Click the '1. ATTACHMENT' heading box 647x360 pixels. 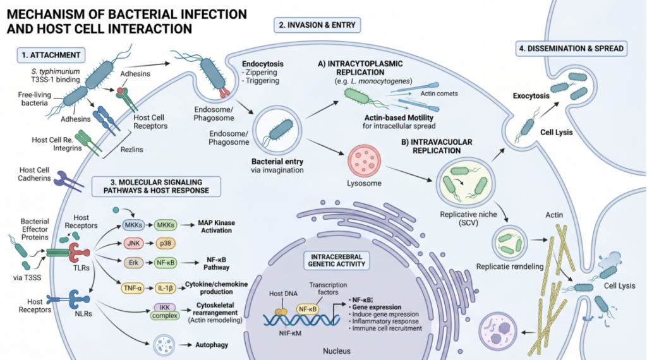tap(51, 55)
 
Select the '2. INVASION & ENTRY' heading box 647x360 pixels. tap(317, 25)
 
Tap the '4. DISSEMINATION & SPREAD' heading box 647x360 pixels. tap(571, 49)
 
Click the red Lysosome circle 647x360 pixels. tap(364, 161)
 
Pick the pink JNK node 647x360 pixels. tap(133, 243)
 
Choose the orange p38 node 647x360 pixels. tap(166, 243)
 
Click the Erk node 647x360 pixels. tap(133, 263)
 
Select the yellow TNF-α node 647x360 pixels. tap(133, 288)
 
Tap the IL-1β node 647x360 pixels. tap(166, 288)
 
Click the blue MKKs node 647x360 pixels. tap(133, 225)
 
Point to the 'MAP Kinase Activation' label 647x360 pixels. tap(216, 226)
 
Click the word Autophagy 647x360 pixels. tap(212, 345)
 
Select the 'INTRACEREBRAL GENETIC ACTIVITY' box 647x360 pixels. tap(336, 260)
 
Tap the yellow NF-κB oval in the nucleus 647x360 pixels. tap(308, 309)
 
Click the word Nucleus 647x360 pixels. tap(337, 351)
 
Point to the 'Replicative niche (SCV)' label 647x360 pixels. tap(468, 219)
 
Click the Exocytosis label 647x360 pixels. tap(531, 95)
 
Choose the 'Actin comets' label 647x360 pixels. tap(439, 93)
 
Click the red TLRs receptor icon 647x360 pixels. tap(79, 253)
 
